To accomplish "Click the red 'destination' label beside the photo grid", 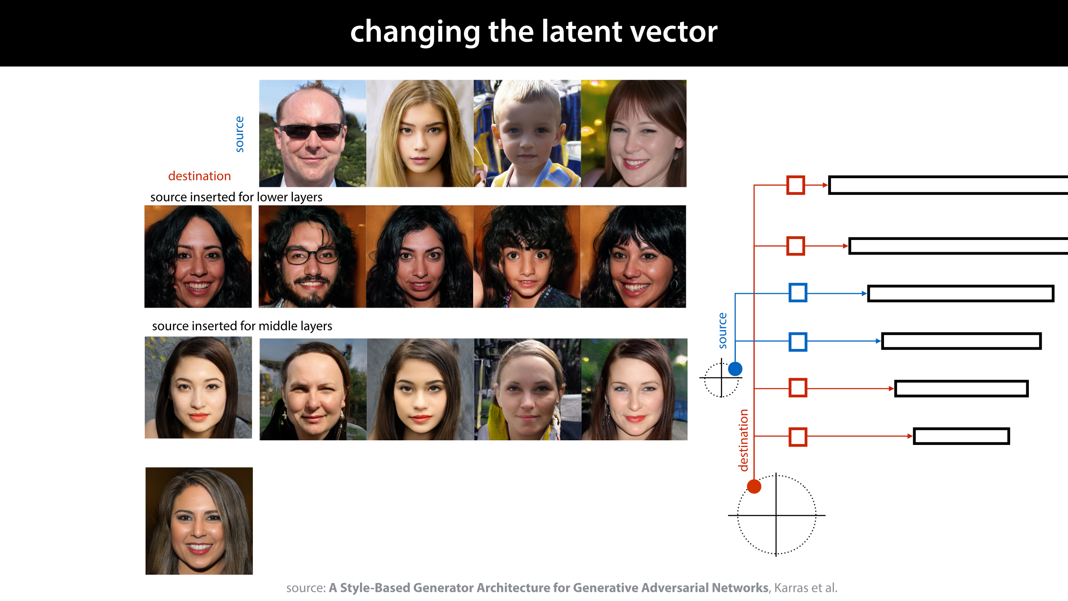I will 199,176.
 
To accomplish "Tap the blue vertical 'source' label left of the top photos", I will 239,134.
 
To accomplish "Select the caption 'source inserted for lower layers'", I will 236,197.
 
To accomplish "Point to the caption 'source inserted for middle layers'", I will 242,326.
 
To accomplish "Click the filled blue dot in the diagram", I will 735,369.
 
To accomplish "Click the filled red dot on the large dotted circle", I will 754,487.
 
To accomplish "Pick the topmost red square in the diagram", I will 796,185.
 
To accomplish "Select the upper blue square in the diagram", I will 798,293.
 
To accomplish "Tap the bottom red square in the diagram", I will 798,437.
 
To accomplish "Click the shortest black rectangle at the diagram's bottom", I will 961,437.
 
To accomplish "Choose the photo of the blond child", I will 527,134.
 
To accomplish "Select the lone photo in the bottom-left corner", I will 199,521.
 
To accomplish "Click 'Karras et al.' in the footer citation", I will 806,588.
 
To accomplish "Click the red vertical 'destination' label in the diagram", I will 743,440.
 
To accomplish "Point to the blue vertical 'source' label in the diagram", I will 723,331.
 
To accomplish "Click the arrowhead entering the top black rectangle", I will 825,185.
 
